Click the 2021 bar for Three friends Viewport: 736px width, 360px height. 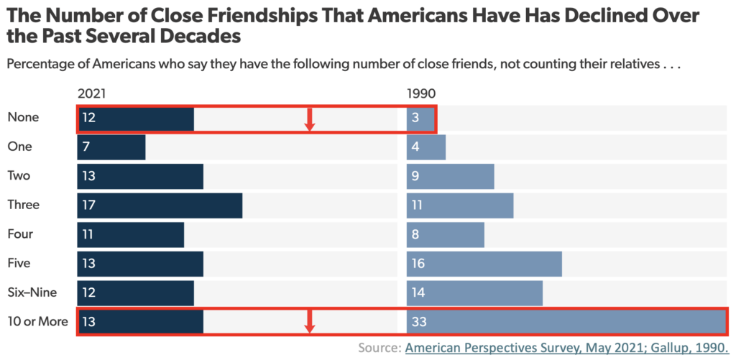160,205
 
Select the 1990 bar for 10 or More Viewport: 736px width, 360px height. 566,321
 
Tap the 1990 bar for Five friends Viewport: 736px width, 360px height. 484,263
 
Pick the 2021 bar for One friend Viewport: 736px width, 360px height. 111,147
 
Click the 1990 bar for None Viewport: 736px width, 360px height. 420,118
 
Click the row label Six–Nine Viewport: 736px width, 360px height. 31,292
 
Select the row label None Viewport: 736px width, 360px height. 23,117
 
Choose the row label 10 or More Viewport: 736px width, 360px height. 37,321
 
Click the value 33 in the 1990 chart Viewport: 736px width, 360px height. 419,321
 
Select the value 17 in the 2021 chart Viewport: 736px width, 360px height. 89,205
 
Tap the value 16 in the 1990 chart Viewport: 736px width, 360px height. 419,263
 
